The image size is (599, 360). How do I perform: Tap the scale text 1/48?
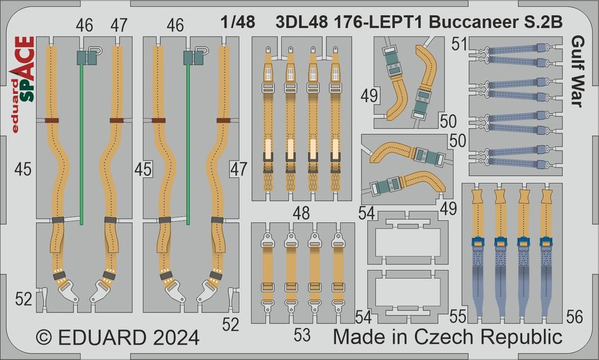click(238, 22)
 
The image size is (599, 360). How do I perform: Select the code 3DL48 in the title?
click(301, 23)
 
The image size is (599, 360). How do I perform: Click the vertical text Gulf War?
click(579, 71)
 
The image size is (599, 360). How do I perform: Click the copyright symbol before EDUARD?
click(44, 337)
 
